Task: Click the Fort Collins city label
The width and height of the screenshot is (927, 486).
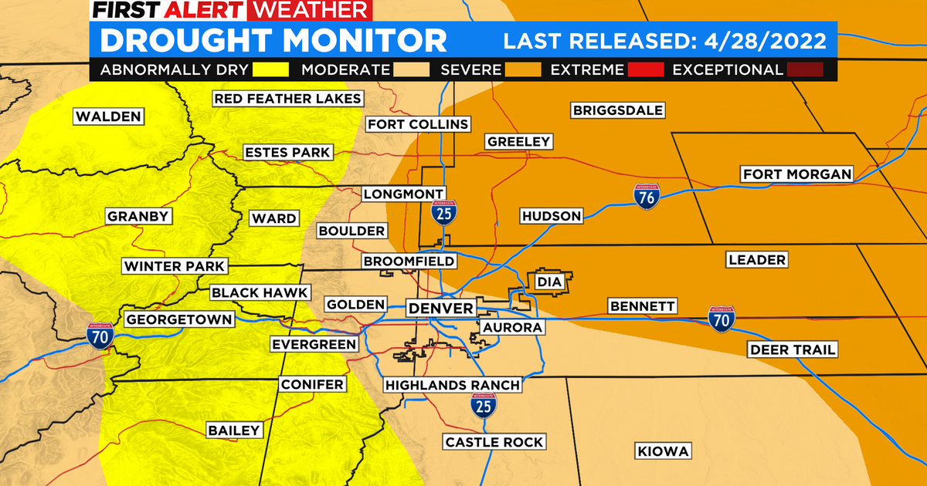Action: [418, 124]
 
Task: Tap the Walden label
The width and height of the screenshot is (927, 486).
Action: [108, 116]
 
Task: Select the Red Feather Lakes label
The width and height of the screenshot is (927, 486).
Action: [287, 98]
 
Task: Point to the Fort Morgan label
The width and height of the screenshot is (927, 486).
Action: [796, 174]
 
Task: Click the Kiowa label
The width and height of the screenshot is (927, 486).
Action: [662, 451]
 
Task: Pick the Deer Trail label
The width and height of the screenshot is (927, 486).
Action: [793, 350]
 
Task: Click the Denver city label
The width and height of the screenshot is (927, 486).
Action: [440, 309]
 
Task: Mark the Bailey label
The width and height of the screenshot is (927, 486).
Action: [235, 430]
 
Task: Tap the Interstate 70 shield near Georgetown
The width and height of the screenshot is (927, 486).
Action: [100, 335]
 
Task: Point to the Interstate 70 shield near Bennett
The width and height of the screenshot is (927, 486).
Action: [722, 319]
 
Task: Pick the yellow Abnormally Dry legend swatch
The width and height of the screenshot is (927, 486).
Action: [270, 70]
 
